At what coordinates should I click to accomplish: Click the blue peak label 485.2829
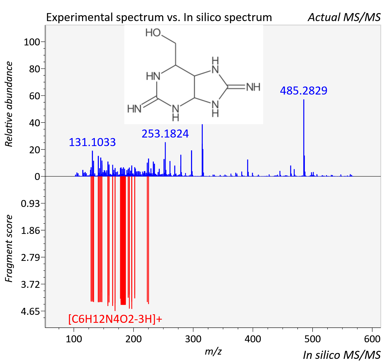(x=304, y=91)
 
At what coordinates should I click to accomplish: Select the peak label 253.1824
(x=165, y=134)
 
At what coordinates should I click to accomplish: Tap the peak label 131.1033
(x=92, y=142)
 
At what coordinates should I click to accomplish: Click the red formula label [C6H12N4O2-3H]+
(x=115, y=319)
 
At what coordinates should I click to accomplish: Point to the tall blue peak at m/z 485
(x=304, y=138)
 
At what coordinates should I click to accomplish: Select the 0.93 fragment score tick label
(x=30, y=204)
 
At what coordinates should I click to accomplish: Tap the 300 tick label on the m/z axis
(x=193, y=339)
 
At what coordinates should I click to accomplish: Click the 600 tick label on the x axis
(x=372, y=339)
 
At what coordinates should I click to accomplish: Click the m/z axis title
(x=213, y=351)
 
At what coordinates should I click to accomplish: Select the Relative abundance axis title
(x=9, y=104)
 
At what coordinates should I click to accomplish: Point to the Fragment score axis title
(x=9, y=248)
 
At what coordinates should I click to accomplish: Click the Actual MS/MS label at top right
(x=344, y=17)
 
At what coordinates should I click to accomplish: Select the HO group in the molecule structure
(x=153, y=33)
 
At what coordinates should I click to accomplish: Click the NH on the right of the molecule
(x=253, y=87)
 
